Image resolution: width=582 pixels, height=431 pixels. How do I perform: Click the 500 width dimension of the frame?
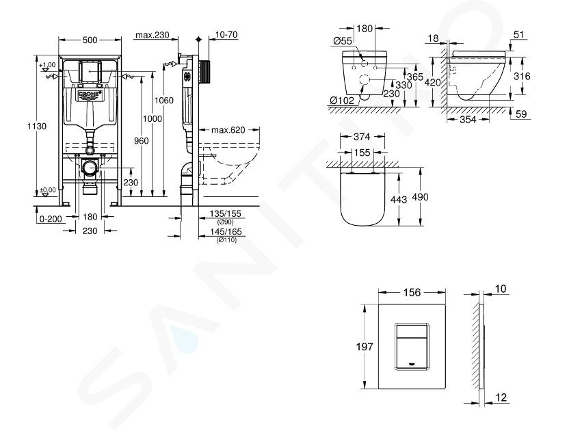point(90,40)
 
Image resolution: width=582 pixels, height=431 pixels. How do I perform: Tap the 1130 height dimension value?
point(37,126)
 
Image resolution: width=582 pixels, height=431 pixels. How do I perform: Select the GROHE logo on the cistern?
point(90,95)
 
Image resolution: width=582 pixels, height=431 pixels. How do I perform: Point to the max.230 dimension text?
point(153,35)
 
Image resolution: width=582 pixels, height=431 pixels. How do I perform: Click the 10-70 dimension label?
point(226,34)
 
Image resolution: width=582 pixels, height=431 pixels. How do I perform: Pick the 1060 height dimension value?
point(164,101)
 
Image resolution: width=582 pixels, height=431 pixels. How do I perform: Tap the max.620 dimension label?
point(228,130)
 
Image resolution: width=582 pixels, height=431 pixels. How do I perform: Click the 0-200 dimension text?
point(51,219)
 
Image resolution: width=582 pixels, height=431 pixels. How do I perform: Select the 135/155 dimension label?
point(225,213)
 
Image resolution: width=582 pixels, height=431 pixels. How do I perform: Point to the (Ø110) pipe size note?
point(226,240)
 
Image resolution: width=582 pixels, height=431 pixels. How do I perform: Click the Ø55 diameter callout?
point(342,41)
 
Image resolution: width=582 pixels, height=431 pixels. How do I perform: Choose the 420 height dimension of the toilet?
point(432,82)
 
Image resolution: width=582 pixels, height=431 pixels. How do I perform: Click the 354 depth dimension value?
point(468,119)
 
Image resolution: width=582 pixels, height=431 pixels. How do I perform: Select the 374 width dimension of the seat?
point(362,137)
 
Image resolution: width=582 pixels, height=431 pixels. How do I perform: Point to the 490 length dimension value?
point(420,197)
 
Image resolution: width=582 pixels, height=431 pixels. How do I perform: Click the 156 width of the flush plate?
point(412,293)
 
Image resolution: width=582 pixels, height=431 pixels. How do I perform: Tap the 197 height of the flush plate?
point(365,346)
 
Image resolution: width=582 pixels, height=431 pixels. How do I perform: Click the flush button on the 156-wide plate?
point(412,346)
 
